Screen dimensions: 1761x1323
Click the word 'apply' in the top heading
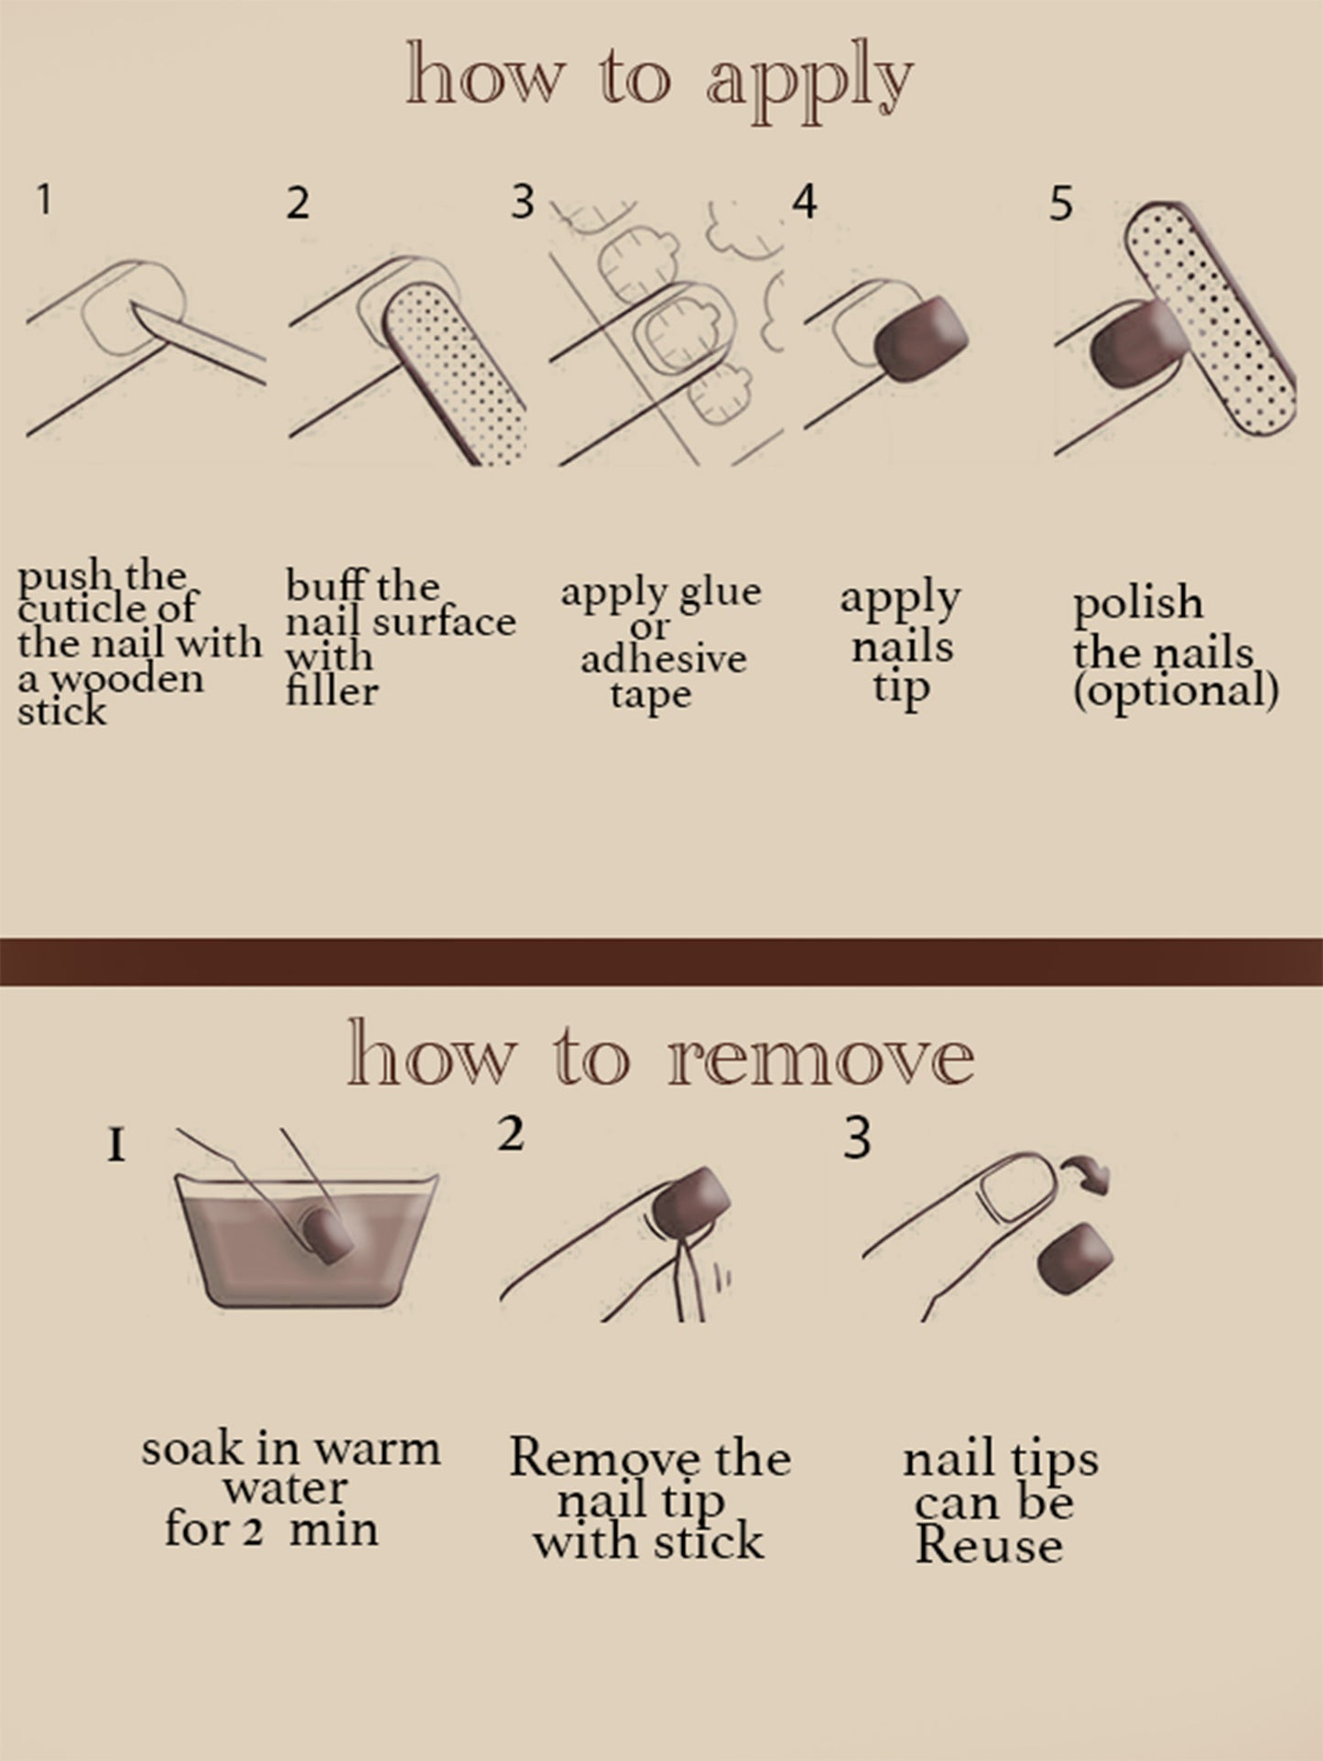(x=809, y=84)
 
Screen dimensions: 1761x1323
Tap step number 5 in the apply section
(x=1059, y=203)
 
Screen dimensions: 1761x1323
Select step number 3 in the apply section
(x=522, y=201)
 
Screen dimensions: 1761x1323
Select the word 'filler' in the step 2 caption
(x=331, y=691)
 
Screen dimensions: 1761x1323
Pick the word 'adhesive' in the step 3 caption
(x=663, y=659)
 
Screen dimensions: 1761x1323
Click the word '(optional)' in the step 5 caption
(x=1175, y=691)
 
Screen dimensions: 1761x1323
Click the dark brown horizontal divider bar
(x=661, y=961)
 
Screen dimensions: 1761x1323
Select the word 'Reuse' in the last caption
(x=989, y=1547)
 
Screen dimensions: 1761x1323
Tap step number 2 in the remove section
(x=511, y=1135)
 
